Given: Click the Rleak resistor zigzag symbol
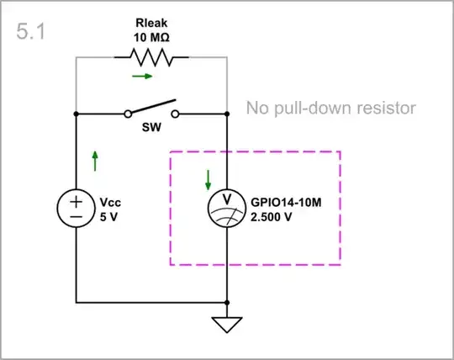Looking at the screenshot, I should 151,57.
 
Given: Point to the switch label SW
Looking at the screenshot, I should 151,133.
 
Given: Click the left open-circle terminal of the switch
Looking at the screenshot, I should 128,113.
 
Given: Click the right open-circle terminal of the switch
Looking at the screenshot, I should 176,113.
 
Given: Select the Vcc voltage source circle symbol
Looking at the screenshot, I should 76,208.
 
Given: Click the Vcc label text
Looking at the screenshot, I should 110,202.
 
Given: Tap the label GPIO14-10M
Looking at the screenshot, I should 288,202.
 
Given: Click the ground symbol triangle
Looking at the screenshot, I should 228,324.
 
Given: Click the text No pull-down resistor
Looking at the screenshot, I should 331,109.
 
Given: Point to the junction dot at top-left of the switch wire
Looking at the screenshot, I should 76,113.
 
